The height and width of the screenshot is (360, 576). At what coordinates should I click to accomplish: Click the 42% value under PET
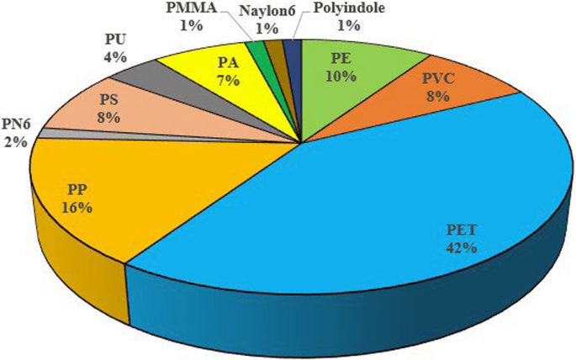(462, 248)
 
